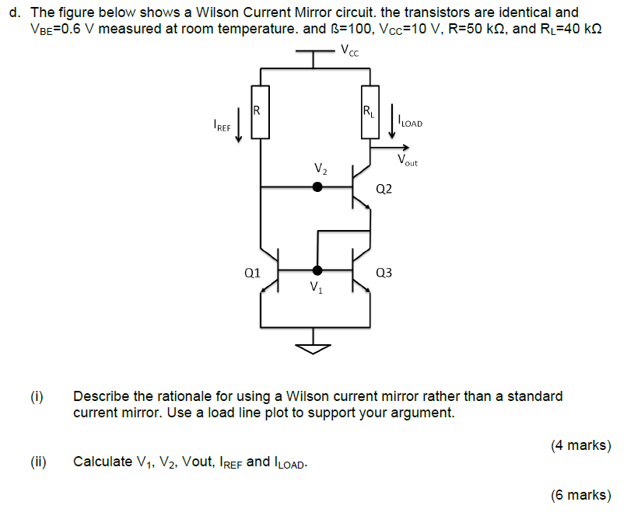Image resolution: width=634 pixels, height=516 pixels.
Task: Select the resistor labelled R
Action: [260, 112]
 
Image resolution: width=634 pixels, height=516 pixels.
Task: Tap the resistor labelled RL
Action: [370, 112]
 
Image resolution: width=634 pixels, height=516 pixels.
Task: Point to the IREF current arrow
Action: [239, 129]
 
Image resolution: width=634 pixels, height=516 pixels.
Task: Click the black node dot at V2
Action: [317, 187]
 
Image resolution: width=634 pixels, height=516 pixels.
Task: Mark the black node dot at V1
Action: [317, 270]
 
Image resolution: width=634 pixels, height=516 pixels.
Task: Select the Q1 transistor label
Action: [251, 273]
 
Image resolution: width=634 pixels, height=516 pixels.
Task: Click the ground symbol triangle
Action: [315, 347]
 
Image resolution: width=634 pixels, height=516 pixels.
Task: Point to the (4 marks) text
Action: [580, 445]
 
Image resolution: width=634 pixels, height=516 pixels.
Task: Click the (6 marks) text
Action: [580, 495]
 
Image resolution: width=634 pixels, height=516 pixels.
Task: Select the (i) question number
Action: [37, 396]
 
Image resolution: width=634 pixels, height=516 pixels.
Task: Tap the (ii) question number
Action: [38, 462]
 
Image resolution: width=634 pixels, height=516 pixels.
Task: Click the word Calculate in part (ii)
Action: [103, 462]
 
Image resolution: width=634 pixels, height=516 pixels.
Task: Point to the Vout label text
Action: [407, 161]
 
